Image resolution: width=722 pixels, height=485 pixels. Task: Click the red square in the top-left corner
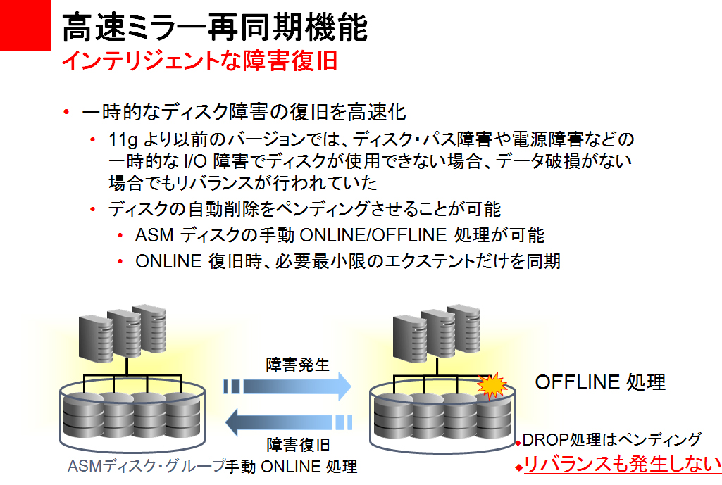[x=25, y=25]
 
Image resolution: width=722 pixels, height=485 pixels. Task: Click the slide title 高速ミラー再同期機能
[x=215, y=28]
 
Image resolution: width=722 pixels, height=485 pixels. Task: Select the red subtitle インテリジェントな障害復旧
[x=199, y=61]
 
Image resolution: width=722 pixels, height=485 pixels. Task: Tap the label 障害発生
[x=297, y=365]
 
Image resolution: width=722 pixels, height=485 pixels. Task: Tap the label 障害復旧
[x=297, y=445]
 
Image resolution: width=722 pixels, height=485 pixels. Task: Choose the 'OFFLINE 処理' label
[x=600, y=382]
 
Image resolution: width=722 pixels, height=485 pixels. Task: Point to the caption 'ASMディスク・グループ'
[x=145, y=466]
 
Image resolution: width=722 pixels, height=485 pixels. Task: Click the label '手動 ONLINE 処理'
[x=292, y=466]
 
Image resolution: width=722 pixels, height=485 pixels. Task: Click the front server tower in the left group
[x=93, y=339]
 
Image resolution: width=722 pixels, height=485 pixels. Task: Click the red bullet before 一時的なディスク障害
[x=66, y=112]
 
